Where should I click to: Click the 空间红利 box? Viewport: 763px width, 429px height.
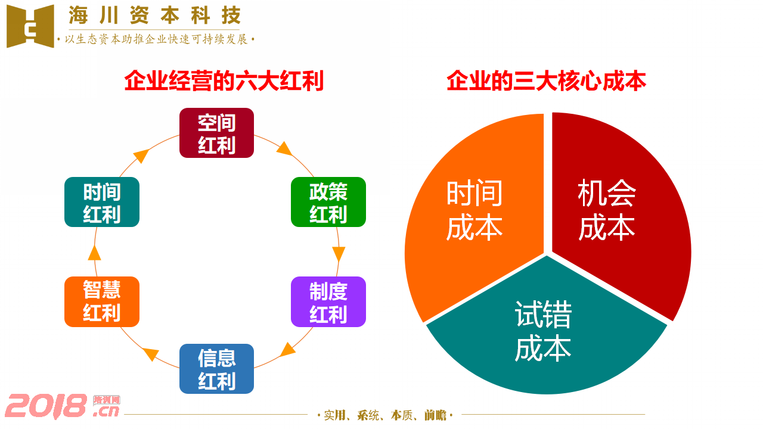pos(216,133)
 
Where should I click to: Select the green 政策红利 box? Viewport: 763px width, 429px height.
pos(328,202)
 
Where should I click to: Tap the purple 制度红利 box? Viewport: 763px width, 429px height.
pos(328,301)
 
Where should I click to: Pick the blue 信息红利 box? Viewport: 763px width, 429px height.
pos(216,369)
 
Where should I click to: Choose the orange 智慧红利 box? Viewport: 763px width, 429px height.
pos(102,301)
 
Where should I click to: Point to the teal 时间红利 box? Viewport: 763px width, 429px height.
pos(102,202)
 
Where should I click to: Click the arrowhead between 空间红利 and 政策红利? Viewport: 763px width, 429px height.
pos(284,149)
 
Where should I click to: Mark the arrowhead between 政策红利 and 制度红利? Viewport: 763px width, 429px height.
pos(339,254)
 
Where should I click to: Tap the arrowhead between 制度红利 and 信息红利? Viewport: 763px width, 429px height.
pos(288,350)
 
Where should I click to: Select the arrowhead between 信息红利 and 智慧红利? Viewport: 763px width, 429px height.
pos(151,354)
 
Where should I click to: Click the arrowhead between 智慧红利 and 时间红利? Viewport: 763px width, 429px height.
pos(94,253)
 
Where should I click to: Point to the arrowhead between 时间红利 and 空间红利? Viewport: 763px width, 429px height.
pos(141,156)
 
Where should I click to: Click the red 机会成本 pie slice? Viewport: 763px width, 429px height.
pos(613,211)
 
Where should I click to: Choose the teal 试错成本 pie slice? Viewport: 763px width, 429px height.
pos(547,330)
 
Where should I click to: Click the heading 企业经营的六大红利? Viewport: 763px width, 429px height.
pos(224,81)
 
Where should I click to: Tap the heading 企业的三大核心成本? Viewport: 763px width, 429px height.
pos(547,81)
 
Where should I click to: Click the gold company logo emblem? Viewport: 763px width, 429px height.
pos(30,26)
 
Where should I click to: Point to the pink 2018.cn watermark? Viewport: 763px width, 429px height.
pos(63,406)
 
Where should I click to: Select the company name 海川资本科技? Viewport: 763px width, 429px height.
pos(154,15)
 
